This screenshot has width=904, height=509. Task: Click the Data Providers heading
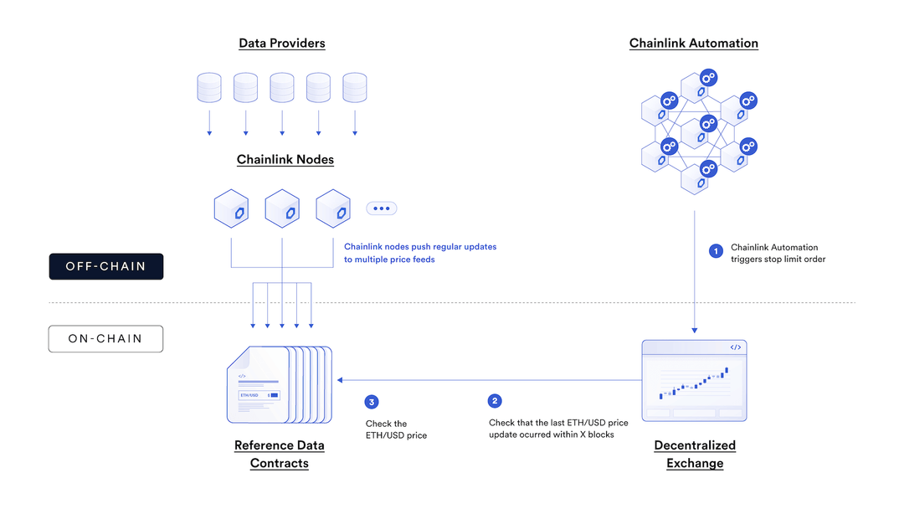pos(281,44)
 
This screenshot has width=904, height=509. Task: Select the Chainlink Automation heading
pos(693,44)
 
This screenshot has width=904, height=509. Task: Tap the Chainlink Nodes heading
pos(285,160)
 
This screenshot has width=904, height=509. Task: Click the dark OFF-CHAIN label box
pos(105,266)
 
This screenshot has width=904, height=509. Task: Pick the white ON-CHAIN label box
pos(105,339)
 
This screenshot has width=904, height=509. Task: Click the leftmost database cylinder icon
pos(209,88)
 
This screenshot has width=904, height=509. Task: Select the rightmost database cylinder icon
pos(355,88)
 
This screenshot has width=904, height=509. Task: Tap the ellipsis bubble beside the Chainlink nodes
pos(381,208)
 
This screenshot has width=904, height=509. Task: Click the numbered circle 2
pos(496,401)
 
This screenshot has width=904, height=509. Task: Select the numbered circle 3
pos(372,402)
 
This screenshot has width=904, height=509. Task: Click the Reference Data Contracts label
pos(280,455)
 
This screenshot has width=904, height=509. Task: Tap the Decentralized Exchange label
pos(695,455)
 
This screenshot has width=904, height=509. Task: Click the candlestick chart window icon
pos(694,381)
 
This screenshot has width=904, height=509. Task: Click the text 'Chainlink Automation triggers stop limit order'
pos(778,253)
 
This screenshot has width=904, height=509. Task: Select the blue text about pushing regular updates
pos(420,253)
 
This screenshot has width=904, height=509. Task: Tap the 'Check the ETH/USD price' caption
pos(397,429)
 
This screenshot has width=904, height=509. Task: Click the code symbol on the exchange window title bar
pos(735,347)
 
